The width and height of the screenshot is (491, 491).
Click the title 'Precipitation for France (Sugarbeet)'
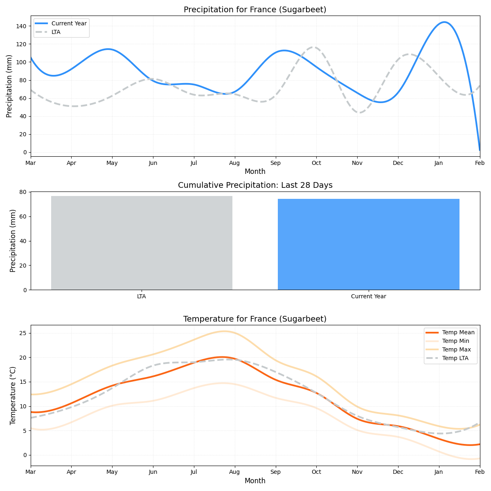tap(255, 10)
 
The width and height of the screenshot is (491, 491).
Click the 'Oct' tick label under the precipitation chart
tap(316, 163)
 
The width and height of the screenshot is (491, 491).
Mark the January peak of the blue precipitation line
tap(444, 22)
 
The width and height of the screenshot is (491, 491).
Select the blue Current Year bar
tap(368, 244)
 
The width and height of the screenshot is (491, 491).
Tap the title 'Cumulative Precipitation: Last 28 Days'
tap(255, 185)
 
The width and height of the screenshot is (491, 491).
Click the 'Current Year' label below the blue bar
tap(368, 297)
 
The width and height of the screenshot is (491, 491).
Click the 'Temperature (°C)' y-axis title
tap(13, 395)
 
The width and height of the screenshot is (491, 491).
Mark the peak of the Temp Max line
tap(223, 331)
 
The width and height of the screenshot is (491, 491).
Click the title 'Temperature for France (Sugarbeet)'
tap(255, 319)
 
